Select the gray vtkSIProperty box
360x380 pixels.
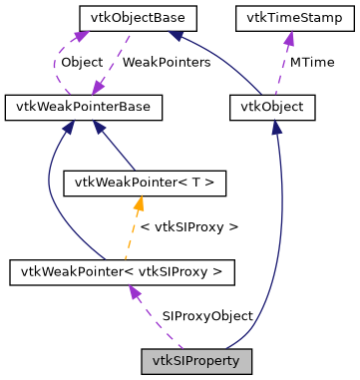pos(195,358)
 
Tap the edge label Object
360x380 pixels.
pos(82,62)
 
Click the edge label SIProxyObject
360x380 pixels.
pos(207,315)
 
